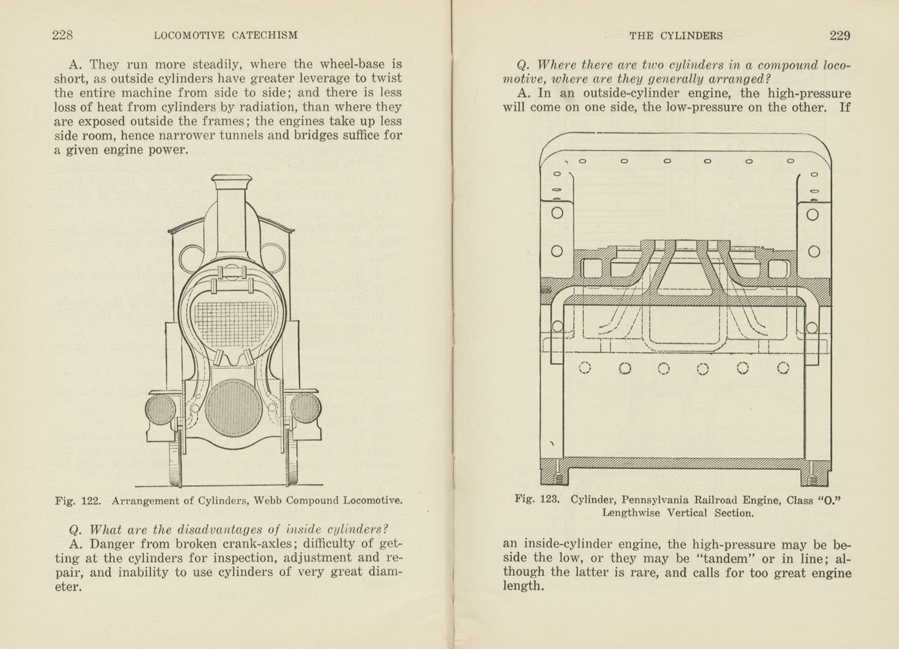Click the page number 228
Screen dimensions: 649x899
63,35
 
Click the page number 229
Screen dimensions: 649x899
839,36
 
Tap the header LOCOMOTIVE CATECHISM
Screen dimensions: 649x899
226,35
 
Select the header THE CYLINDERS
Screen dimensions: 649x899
675,36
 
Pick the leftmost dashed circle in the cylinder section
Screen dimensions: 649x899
585,367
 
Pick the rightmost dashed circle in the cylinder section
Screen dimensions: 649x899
783,367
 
